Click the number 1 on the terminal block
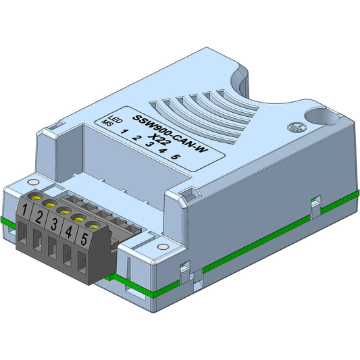(x=24, y=210)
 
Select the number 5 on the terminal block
(x=84, y=238)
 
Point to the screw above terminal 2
(x=49, y=202)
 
